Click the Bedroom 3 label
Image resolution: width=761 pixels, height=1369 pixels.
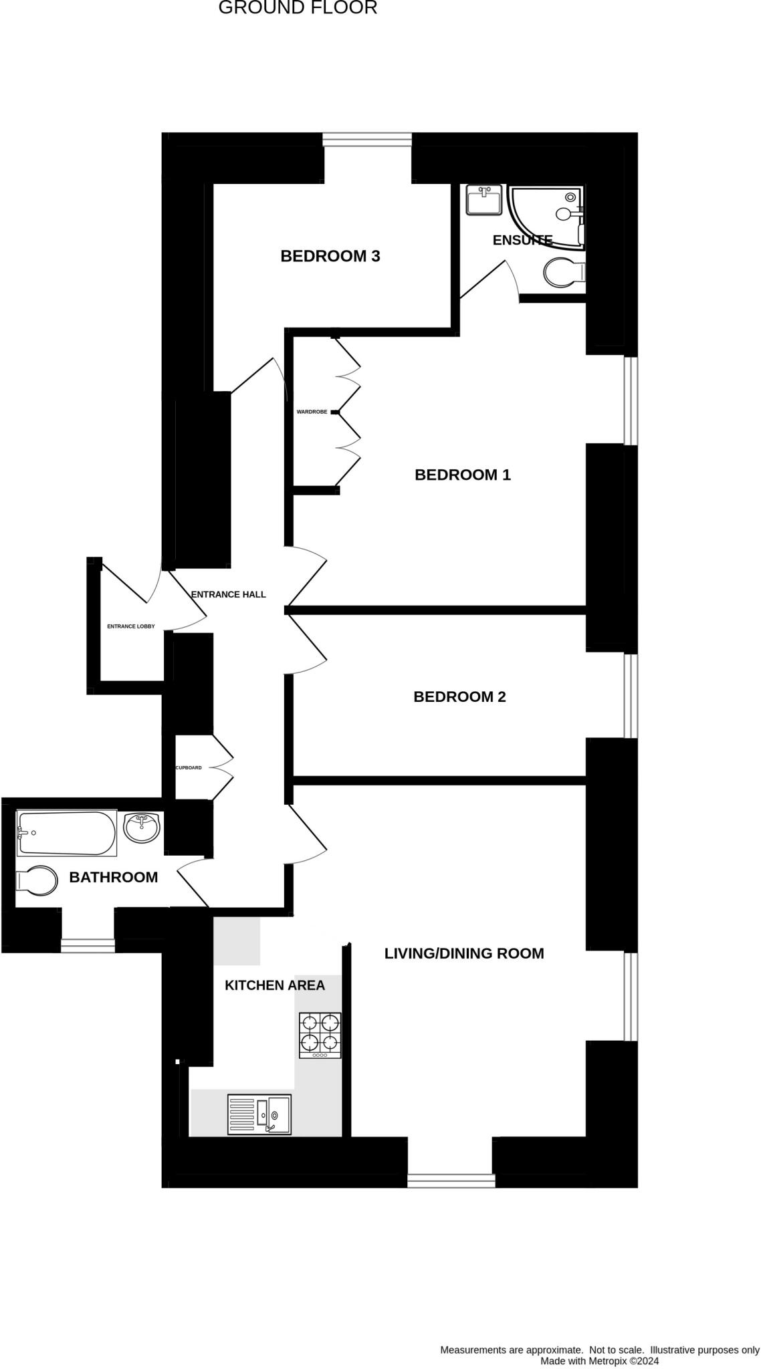[330, 256]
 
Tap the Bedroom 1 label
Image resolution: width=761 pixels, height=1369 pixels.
[462, 475]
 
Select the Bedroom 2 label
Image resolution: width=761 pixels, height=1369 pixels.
[459, 697]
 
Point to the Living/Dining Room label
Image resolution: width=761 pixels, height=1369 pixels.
[463, 953]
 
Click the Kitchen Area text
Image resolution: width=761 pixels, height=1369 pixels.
[274, 985]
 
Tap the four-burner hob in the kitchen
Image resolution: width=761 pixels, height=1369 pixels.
[320, 1035]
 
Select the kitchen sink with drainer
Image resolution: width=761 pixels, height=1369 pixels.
[259, 1114]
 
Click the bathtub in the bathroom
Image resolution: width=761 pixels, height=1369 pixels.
[66, 833]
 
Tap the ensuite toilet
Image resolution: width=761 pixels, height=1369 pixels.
[564, 273]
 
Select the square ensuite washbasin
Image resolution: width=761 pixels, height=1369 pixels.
[484, 200]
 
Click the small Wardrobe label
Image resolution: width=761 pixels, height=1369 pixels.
[312, 412]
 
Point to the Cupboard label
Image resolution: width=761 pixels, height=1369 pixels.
[189, 767]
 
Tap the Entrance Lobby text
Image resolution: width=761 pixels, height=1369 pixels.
[131, 626]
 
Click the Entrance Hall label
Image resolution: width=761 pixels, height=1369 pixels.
[228, 594]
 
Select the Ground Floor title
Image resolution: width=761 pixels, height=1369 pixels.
[298, 8]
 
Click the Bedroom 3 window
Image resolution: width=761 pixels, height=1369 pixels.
[366, 139]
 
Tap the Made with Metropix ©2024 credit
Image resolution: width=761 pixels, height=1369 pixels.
[599, 1360]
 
